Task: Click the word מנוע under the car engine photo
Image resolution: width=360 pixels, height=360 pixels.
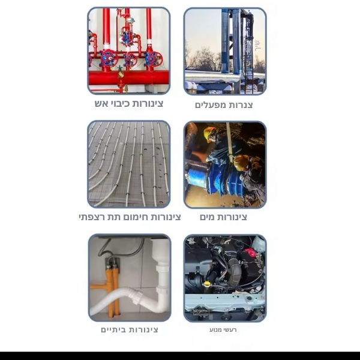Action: point(215,330)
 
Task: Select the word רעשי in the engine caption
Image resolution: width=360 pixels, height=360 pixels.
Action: point(230,330)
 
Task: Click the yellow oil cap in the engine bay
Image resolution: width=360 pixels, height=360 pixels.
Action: point(208,284)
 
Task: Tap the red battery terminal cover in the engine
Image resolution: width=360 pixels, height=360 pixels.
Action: point(250,251)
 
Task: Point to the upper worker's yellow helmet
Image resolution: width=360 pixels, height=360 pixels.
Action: point(208,133)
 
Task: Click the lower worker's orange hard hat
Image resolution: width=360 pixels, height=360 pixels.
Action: point(241,161)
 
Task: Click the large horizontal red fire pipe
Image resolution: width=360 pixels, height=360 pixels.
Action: point(129,78)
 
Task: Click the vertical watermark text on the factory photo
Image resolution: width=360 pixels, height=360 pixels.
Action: point(258,46)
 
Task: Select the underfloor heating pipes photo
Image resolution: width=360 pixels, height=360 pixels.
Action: point(129,164)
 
